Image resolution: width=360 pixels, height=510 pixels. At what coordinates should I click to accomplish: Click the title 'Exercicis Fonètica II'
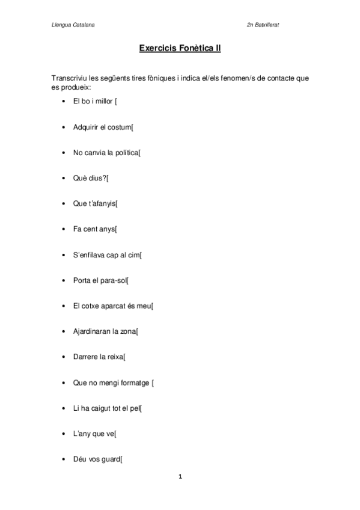click(x=180, y=48)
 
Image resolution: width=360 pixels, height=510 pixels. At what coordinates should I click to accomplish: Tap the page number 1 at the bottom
click(x=180, y=477)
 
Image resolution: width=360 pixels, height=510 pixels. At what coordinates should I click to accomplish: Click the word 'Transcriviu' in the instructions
click(x=69, y=79)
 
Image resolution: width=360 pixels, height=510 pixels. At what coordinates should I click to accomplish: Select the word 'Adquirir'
click(x=86, y=127)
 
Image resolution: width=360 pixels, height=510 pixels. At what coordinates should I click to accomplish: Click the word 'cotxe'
click(x=91, y=306)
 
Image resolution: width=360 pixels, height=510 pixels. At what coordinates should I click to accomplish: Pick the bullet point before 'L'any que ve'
click(x=64, y=434)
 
